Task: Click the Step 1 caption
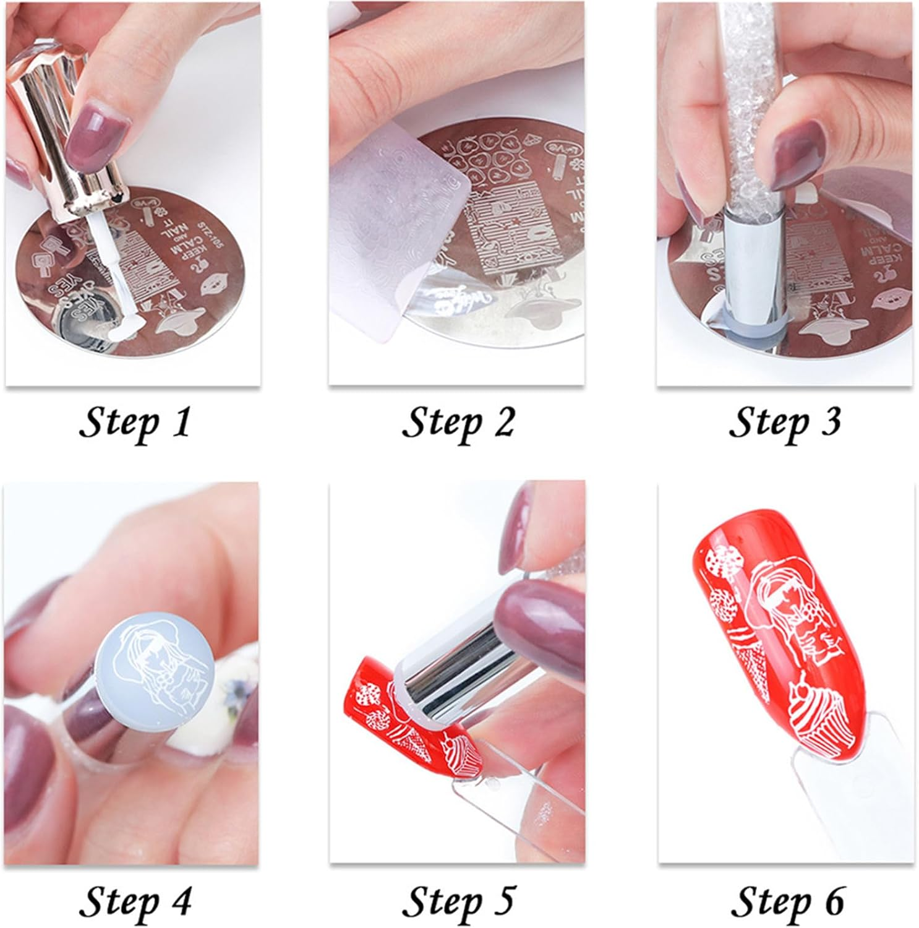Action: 134,423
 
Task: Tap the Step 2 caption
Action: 458,423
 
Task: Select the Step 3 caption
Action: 784,423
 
